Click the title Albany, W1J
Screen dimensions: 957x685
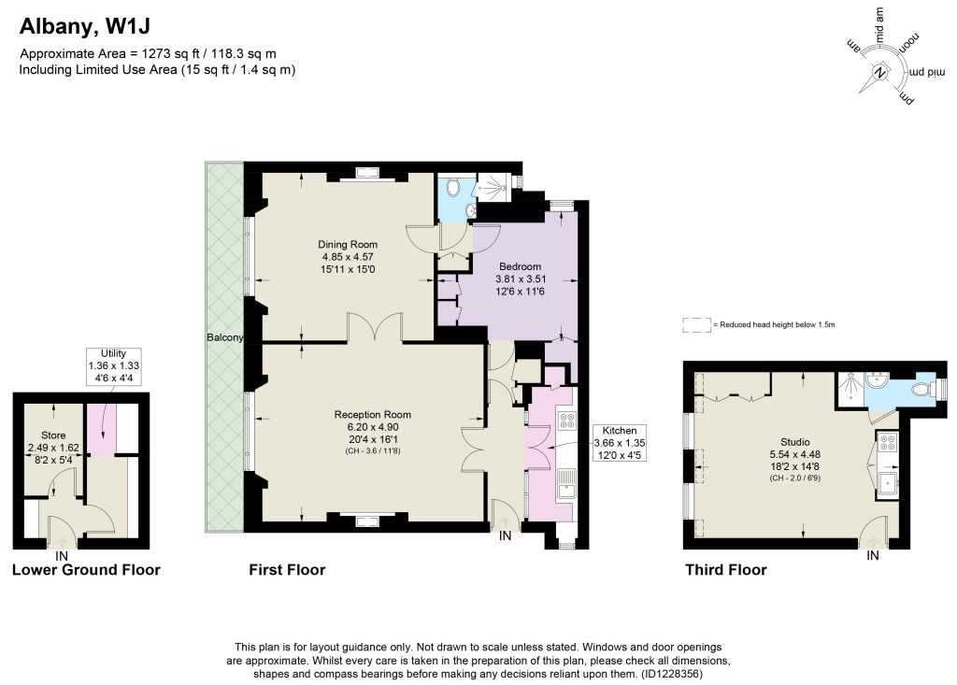click(85, 26)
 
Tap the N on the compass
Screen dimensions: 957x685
click(879, 73)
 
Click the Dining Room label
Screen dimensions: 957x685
click(348, 245)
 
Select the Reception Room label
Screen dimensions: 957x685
click(372, 415)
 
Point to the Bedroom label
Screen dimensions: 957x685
click(520, 266)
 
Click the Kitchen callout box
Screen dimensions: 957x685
click(620, 443)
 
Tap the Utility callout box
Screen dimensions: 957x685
click(113, 365)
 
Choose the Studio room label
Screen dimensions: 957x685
click(795, 442)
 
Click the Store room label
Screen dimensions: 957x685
click(53, 435)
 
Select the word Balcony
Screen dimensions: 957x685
click(224, 337)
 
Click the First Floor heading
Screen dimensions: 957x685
click(287, 570)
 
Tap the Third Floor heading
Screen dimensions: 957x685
click(725, 570)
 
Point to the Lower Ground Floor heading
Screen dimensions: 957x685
click(86, 570)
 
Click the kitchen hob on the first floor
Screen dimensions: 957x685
click(566, 420)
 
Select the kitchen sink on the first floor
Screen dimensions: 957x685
click(565, 484)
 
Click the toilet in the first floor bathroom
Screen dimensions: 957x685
click(453, 188)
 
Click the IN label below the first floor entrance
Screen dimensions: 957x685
click(506, 536)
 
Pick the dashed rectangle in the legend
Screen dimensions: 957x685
click(697, 325)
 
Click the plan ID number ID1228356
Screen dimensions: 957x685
click(671, 674)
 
